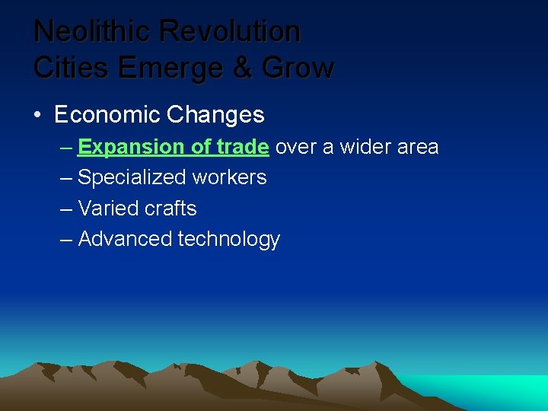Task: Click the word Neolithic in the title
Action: [x=93, y=32]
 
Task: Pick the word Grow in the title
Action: [x=298, y=68]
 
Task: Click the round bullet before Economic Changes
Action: [x=37, y=116]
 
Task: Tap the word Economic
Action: [x=107, y=115]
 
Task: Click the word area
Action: [x=419, y=147]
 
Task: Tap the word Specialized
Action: [x=131, y=178]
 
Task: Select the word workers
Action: [x=229, y=178]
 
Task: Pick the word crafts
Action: [x=170, y=209]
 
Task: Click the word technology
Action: [x=229, y=240]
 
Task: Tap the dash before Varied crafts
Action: [x=66, y=209]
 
